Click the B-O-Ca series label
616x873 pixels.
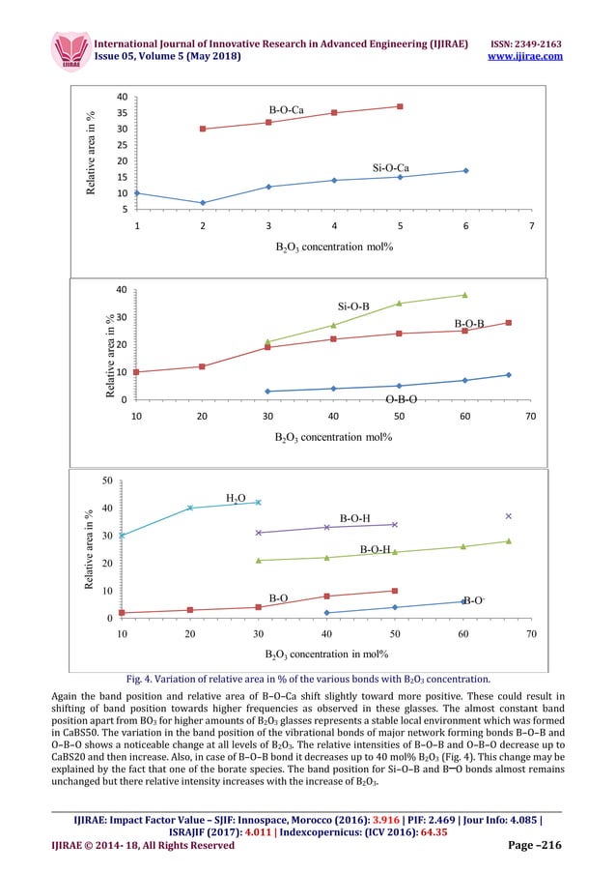(x=287, y=109)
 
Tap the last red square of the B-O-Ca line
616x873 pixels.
(x=400, y=106)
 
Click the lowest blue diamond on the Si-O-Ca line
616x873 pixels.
(x=203, y=203)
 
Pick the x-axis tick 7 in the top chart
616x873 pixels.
(x=531, y=226)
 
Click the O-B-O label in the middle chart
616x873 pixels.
(x=401, y=398)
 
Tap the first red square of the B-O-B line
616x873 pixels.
(x=136, y=372)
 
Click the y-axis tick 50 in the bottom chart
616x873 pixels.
(x=109, y=480)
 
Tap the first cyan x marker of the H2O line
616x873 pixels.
(x=122, y=536)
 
